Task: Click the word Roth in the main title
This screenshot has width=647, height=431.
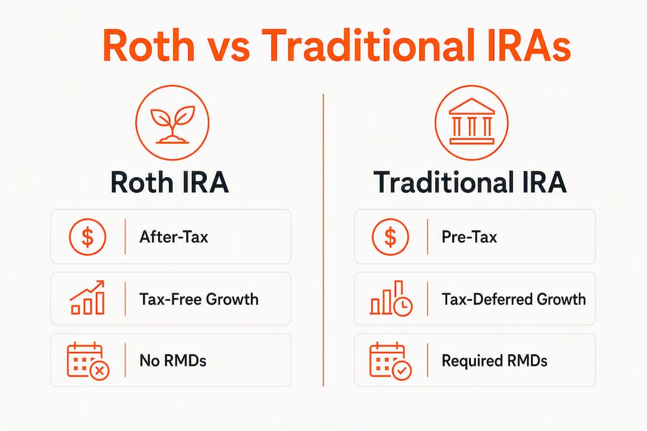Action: pos(148,45)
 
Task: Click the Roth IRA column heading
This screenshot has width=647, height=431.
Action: pos(170,183)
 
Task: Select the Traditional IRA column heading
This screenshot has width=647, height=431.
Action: pos(470,183)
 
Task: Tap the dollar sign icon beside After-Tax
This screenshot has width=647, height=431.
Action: pos(87,236)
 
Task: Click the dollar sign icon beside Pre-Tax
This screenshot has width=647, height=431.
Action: pos(391,236)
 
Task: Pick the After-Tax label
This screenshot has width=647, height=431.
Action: pos(174,237)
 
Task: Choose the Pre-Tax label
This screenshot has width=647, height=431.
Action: pos(469,237)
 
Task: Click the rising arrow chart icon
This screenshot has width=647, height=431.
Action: pos(87,298)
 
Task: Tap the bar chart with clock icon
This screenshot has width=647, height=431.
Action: pos(391,298)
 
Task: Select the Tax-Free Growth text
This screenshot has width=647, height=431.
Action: pos(199,299)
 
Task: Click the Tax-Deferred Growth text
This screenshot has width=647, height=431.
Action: pos(514,299)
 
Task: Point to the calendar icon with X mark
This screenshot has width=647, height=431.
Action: pos(88,360)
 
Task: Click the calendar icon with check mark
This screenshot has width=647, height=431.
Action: pos(391,360)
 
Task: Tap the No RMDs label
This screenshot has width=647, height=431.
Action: pos(173,360)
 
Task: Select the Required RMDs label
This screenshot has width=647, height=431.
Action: pos(494,361)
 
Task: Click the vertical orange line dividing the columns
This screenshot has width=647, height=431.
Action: pos(323,240)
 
